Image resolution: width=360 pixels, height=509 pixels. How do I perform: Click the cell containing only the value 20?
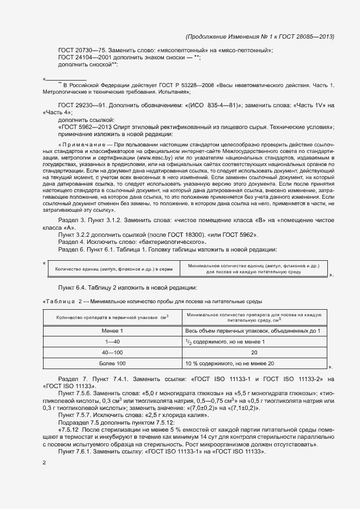coord(254,352)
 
